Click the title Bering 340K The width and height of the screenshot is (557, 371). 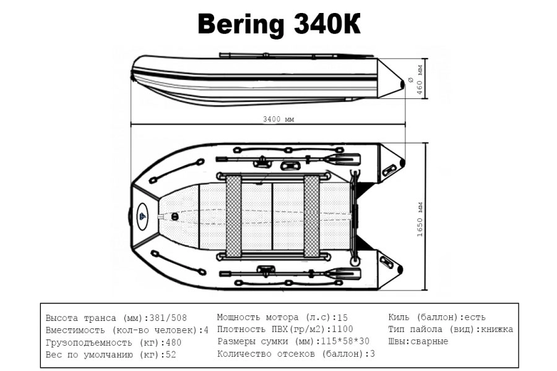click(278, 25)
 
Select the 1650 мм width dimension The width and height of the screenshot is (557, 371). click(420, 219)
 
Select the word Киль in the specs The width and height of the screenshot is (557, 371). click(399, 317)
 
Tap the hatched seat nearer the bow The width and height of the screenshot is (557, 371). click(233, 216)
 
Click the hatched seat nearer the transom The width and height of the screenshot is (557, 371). click(311, 216)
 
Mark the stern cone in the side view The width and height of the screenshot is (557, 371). click(391, 79)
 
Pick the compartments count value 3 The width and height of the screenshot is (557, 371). click(372, 354)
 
